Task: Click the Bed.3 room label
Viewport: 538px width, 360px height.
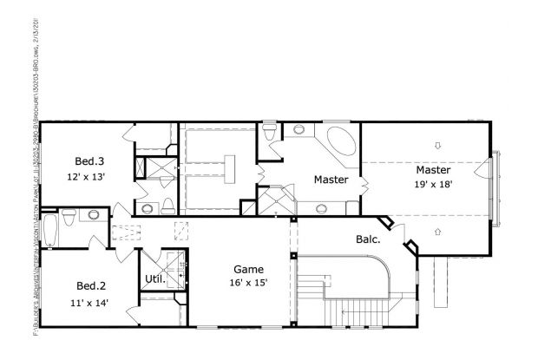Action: [89, 161]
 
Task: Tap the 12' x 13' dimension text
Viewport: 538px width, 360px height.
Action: [89, 176]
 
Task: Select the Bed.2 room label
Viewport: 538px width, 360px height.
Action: [91, 286]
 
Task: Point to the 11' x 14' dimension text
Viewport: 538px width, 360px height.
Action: [91, 302]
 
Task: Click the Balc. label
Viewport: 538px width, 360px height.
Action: [368, 239]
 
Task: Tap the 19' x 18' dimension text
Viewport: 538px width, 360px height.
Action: [432, 184]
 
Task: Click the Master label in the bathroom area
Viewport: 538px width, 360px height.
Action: [331, 180]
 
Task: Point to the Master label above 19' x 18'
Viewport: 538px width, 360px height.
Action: [432, 169]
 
